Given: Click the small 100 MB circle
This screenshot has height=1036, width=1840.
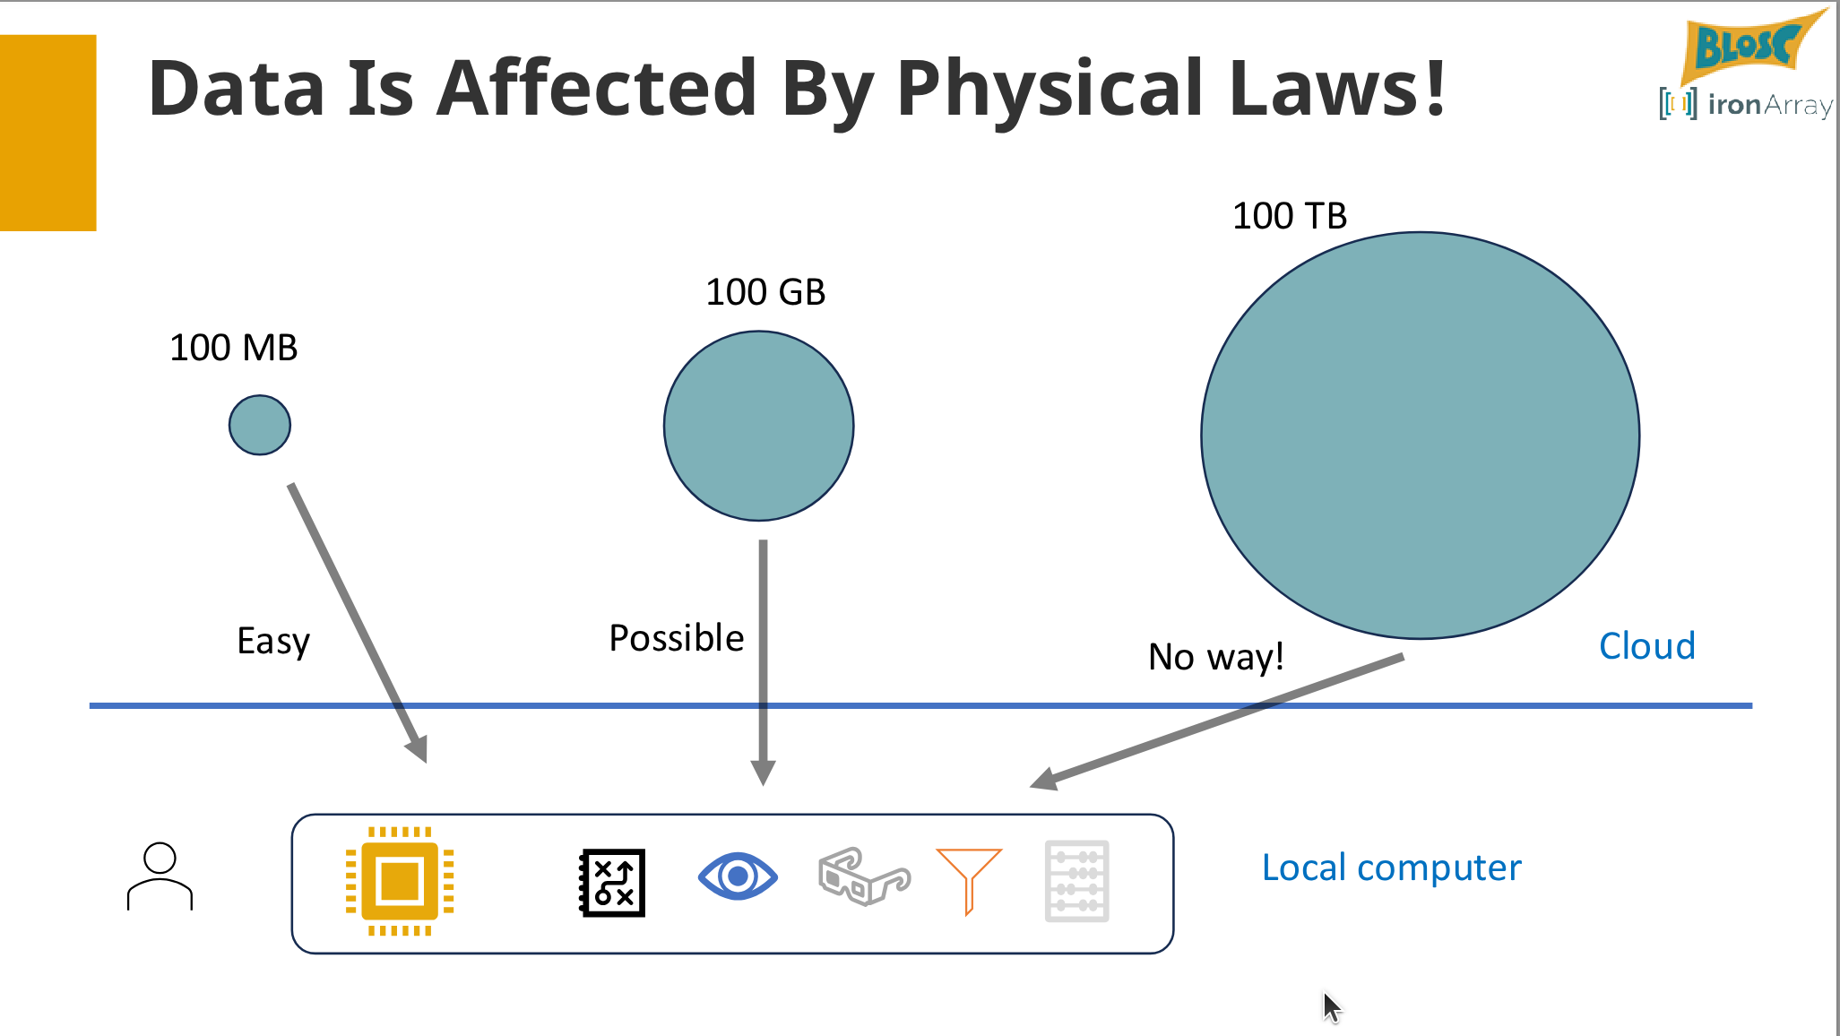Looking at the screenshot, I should click(260, 425).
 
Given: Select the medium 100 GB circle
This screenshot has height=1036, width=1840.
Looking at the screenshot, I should click(758, 426).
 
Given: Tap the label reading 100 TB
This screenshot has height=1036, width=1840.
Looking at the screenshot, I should click(1289, 216).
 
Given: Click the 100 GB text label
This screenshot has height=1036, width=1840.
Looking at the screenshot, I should click(765, 292).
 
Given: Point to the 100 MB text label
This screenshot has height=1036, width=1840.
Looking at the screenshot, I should click(233, 348).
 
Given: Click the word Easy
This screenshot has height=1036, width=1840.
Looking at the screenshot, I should click(273, 642).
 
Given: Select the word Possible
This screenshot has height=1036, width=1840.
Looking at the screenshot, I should click(676, 638).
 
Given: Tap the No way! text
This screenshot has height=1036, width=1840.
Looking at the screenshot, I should click(1215, 657).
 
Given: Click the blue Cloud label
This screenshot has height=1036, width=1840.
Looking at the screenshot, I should click(1646, 646).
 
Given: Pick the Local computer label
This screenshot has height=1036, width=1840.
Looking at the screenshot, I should click(1391, 868).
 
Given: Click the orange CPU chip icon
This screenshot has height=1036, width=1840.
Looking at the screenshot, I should click(400, 881).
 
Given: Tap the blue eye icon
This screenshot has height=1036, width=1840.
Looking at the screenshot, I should click(737, 876).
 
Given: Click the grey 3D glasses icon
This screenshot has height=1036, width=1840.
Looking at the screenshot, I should click(863, 876).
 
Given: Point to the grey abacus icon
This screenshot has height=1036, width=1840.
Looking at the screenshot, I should click(1076, 881).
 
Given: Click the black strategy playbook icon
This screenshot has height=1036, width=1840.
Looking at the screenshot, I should click(613, 882).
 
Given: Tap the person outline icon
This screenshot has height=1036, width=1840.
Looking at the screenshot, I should click(160, 876).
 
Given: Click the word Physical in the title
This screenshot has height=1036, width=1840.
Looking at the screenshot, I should click(1050, 89).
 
